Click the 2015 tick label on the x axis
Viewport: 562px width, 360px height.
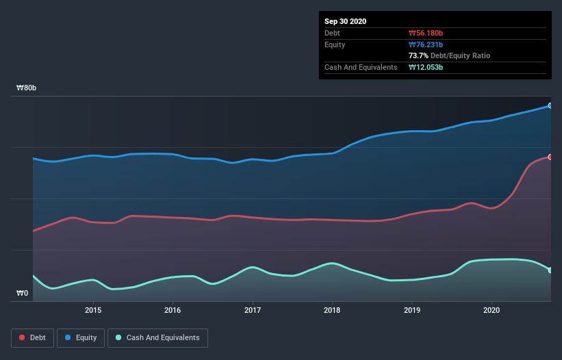(93, 310)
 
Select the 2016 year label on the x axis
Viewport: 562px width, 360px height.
(173, 310)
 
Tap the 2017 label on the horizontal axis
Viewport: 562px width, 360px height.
(253, 310)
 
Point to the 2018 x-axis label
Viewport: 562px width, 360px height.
(332, 310)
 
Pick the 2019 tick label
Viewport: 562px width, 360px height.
(412, 310)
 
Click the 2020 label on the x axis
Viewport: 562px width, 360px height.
(491, 310)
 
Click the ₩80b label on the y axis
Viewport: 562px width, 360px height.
(27, 88)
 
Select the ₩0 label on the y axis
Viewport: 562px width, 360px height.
(23, 294)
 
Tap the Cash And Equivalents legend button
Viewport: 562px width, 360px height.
(157, 337)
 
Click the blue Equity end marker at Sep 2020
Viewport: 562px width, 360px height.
(550, 105)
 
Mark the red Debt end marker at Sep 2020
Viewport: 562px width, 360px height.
(550, 157)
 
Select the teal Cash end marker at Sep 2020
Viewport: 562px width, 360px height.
(550, 270)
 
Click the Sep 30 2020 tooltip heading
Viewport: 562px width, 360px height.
(345, 21)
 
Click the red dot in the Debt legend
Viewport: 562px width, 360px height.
(23, 337)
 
